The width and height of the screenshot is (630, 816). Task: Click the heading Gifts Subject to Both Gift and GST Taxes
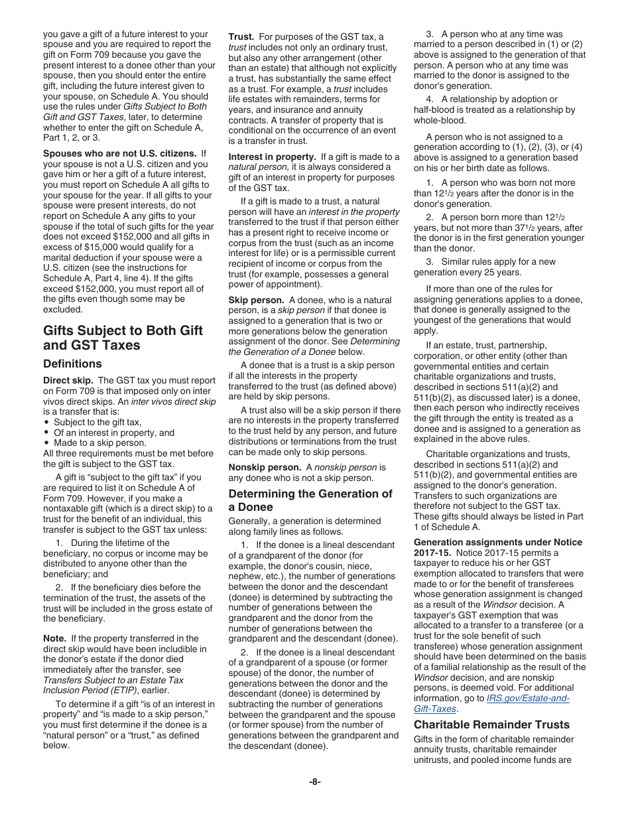click(123, 338)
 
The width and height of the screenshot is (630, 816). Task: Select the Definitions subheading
click(72, 364)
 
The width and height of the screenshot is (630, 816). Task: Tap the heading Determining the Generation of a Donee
click(310, 500)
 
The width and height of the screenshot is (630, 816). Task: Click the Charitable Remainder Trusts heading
click(491, 724)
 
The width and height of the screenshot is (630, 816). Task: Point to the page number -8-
click(315, 782)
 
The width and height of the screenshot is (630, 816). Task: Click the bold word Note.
click(54, 638)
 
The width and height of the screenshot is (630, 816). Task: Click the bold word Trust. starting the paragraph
click(241, 37)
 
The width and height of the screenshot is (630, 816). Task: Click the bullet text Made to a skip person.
click(99, 443)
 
